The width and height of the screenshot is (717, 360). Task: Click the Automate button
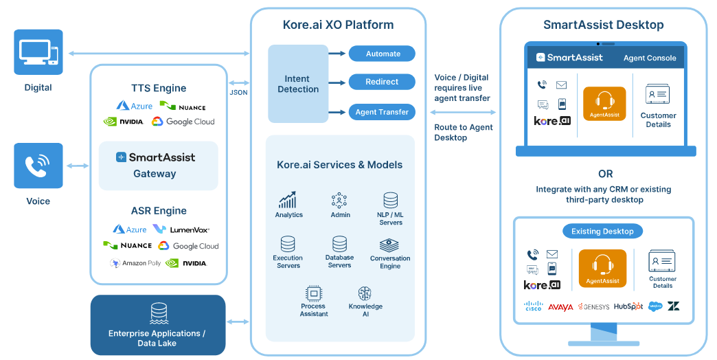[382, 54]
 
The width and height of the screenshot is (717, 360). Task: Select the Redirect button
[382, 82]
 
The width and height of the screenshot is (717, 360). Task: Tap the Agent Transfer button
[382, 111]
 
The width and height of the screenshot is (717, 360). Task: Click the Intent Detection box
[297, 84]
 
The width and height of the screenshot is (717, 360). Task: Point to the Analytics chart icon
[288, 200]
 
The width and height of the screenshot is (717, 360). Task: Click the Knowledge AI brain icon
[365, 293]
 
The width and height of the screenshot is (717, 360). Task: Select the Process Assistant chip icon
[314, 293]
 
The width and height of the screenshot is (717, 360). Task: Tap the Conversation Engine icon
[389, 245]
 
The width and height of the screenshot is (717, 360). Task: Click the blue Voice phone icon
[38, 166]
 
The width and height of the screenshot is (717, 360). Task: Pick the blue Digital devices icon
[38, 52]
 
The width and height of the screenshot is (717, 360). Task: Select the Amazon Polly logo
[136, 263]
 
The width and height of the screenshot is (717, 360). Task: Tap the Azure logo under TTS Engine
[133, 106]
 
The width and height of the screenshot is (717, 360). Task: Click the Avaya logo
[560, 307]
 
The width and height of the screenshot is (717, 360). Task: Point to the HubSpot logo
[628, 306]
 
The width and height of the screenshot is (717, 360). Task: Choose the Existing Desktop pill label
[602, 231]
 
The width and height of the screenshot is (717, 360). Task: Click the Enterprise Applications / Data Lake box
[157, 325]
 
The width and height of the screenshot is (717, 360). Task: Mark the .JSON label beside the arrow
[238, 92]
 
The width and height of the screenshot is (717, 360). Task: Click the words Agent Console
[650, 58]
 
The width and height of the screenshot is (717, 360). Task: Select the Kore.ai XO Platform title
[338, 25]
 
